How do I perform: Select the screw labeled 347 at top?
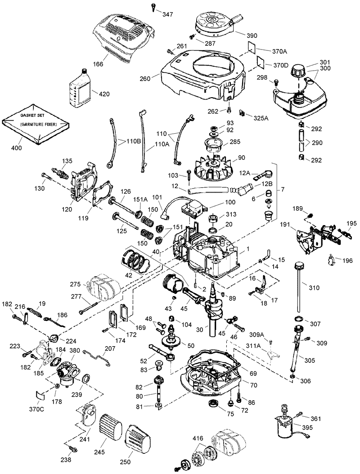[153, 6]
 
